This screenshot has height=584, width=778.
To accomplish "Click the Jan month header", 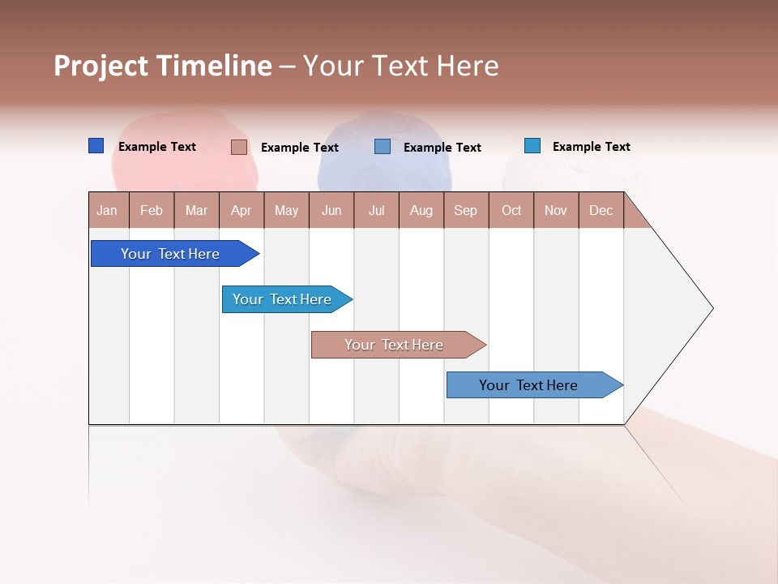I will (x=108, y=210).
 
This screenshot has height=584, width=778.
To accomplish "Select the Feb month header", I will (x=152, y=210).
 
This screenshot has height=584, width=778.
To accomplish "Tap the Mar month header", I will (x=196, y=210).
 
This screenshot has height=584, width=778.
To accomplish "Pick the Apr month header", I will (x=242, y=210).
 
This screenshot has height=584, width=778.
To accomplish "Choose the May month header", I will (x=286, y=210).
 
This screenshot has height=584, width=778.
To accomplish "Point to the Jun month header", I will (x=331, y=210).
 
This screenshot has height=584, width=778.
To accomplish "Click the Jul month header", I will (x=376, y=210).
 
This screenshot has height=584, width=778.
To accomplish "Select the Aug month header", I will (x=421, y=210).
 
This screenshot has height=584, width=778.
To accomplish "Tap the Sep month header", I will (x=466, y=210).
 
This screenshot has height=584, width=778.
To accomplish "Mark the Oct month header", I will (x=511, y=210).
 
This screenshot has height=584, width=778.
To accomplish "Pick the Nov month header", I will (x=556, y=210).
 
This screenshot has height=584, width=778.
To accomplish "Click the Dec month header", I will (x=601, y=210).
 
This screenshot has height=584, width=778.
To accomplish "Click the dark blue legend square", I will (x=96, y=146).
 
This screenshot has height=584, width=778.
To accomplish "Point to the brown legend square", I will (x=239, y=147).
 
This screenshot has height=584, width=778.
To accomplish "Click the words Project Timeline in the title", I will (x=163, y=66).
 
